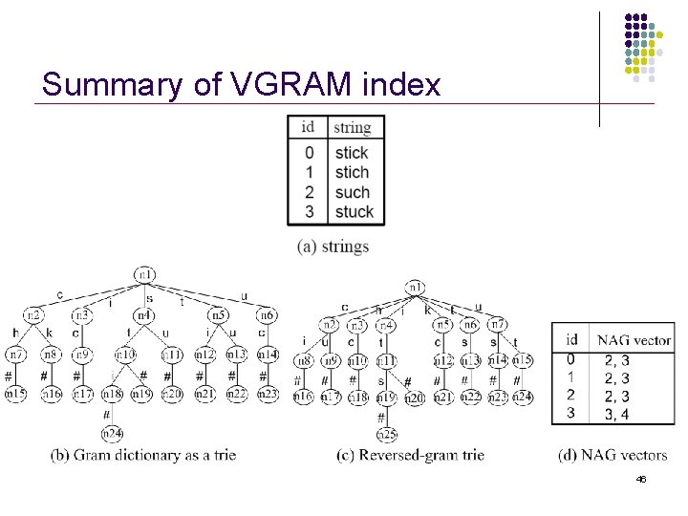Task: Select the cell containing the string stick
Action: coord(352,153)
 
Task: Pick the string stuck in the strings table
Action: coord(354,211)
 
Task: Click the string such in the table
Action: coord(352,192)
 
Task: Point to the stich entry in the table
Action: coord(352,172)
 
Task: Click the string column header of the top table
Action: coord(353,127)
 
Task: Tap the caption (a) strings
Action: coord(333,247)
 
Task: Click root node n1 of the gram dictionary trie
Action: coord(145,275)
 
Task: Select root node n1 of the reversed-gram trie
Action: coord(416,287)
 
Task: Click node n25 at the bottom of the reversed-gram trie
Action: coord(387,436)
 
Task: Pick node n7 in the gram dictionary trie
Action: coord(17,355)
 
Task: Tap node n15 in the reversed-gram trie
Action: coord(522,360)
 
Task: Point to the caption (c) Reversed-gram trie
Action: coord(410,455)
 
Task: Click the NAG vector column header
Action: coord(634,339)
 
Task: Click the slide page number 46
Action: coord(640,479)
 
